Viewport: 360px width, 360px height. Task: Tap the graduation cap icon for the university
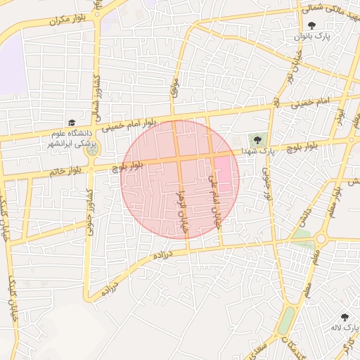coord(71,122)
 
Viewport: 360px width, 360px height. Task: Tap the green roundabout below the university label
coord(91,148)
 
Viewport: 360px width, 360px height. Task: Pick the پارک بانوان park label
coord(313,35)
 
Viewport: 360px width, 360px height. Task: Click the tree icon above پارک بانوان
coord(312,25)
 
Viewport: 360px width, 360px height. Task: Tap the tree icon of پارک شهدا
coord(257,140)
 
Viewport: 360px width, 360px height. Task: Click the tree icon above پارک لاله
coord(345,317)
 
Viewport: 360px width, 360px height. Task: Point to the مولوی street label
coord(174,87)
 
